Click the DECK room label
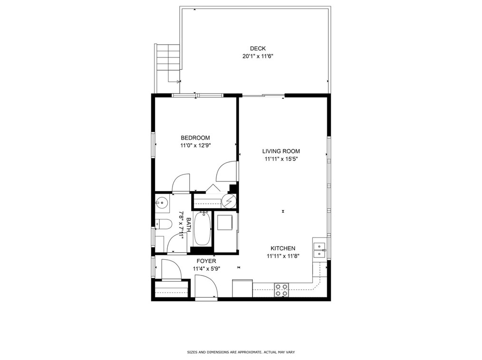point(258,48)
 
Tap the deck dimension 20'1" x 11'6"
point(258,56)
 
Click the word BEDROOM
point(195,138)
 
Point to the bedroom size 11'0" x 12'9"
point(195,146)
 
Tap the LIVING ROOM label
point(281,152)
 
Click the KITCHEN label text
point(283,248)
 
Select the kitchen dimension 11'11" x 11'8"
point(282,256)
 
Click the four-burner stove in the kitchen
point(281,290)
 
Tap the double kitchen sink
point(319,250)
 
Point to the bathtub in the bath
point(202,228)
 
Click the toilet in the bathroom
point(163,225)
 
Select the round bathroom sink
point(162,204)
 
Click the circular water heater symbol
point(229,201)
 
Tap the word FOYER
point(206,261)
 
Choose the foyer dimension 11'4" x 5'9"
point(206,269)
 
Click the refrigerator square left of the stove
point(242,288)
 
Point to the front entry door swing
point(206,288)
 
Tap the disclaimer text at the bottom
point(241,352)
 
